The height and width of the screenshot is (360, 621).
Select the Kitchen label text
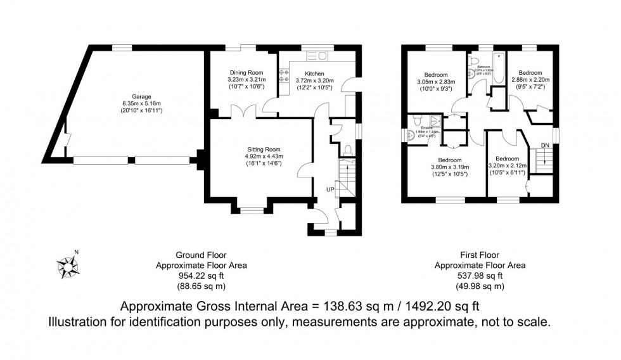point(314,74)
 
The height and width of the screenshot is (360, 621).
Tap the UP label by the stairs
point(330,189)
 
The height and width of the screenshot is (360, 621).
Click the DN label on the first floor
point(544,146)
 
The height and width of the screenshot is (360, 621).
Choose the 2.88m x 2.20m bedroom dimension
point(530,81)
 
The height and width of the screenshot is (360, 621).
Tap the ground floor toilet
point(348,150)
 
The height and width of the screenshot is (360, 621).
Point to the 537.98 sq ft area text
point(480,276)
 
